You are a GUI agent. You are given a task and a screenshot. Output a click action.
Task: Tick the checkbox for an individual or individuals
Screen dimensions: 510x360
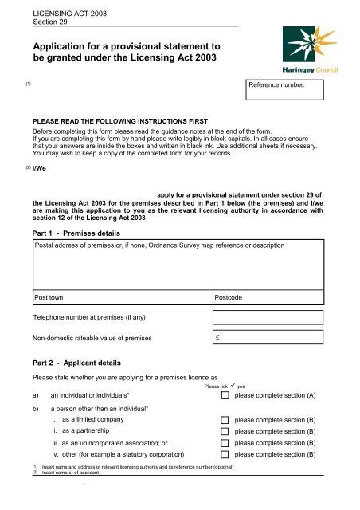[x=225, y=394]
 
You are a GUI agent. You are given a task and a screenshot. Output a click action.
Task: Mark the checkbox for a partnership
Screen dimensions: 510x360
[x=225, y=431]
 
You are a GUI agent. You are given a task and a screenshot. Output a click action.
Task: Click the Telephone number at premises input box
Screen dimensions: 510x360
[x=269, y=317]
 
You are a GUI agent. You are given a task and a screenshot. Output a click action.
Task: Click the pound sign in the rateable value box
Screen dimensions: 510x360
[x=219, y=339]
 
